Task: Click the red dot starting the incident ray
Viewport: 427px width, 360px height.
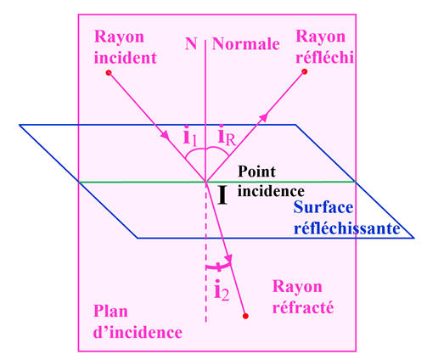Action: tap(109, 73)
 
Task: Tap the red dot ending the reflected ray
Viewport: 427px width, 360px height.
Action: tap(305, 71)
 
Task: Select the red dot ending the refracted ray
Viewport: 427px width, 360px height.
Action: tap(245, 316)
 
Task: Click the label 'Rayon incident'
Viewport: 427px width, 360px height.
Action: tap(125, 48)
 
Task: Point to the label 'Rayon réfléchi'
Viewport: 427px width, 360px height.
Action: tap(324, 47)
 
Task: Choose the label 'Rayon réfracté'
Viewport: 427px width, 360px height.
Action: tap(303, 297)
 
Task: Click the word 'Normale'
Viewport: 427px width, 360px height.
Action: tap(246, 44)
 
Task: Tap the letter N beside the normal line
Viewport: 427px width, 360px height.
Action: tap(191, 44)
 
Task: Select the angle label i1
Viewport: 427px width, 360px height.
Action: tap(189, 137)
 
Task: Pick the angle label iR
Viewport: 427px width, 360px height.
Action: tap(227, 136)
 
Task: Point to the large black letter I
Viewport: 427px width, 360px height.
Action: tap(222, 195)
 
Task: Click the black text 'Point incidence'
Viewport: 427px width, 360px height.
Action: tap(271, 182)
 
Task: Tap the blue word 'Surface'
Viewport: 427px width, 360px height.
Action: tap(323, 207)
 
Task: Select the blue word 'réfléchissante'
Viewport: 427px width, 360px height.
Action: tap(347, 228)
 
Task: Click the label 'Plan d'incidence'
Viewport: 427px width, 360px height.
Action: tap(138, 322)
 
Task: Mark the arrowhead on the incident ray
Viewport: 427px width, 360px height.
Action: tap(165, 134)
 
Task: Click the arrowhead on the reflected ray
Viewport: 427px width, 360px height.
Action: tap(263, 116)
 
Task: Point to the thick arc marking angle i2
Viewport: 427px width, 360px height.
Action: tap(218, 267)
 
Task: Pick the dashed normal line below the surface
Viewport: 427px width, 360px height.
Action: tap(206, 252)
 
